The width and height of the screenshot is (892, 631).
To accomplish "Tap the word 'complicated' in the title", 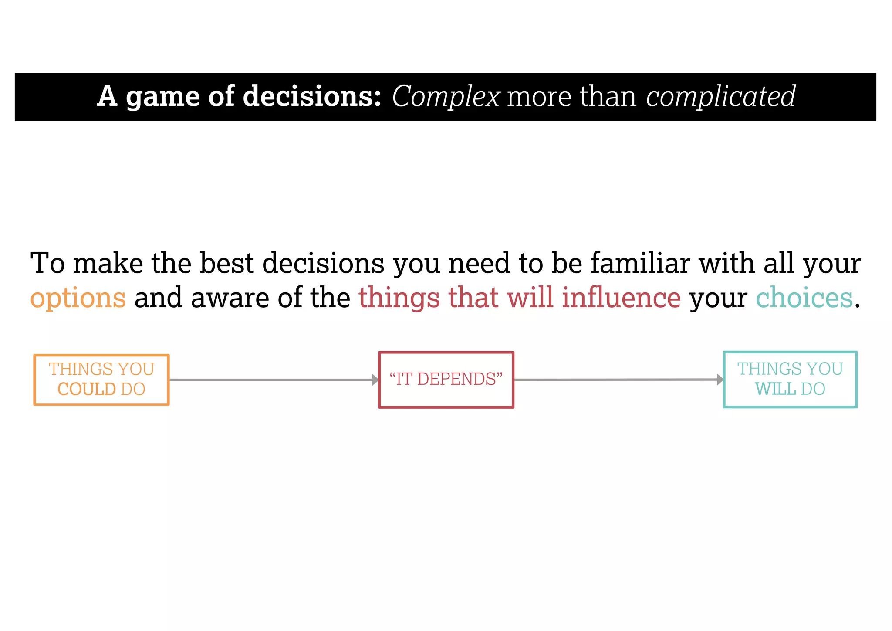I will [x=720, y=97].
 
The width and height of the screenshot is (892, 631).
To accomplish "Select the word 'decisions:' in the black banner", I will [x=312, y=96].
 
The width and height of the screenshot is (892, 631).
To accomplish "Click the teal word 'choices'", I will [x=804, y=298].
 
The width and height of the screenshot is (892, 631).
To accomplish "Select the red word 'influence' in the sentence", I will [x=621, y=298].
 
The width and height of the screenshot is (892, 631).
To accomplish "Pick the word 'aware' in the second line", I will [x=230, y=298].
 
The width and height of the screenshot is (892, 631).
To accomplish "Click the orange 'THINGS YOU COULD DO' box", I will [x=101, y=380].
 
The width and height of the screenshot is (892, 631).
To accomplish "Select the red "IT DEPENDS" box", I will [x=446, y=380].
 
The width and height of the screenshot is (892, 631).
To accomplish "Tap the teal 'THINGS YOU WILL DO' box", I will [x=790, y=380].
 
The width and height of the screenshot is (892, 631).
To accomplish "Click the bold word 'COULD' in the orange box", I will [x=86, y=389].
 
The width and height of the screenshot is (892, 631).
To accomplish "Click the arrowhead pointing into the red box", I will [x=375, y=380].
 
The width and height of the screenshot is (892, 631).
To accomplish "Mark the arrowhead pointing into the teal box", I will [x=720, y=380].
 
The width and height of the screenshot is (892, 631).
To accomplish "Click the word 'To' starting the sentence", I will [x=47, y=263].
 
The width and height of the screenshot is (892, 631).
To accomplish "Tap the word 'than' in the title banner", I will [x=608, y=97].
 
